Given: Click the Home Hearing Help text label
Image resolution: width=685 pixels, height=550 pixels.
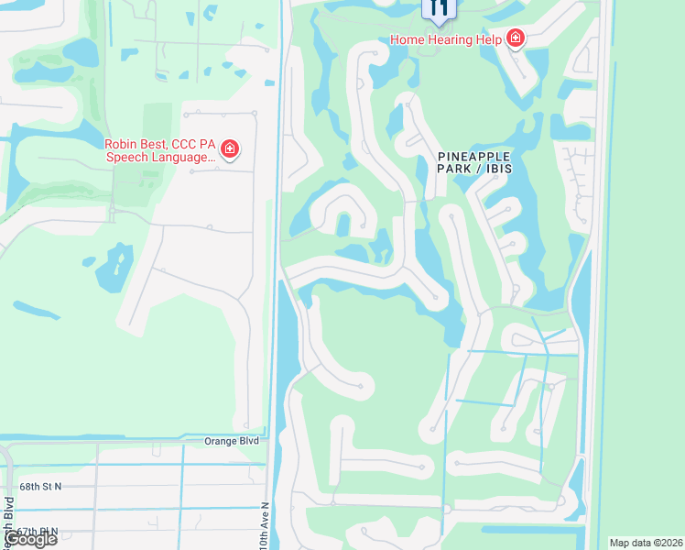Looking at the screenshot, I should [445, 39].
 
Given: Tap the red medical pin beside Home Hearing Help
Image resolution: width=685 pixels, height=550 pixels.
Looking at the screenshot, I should [516, 38].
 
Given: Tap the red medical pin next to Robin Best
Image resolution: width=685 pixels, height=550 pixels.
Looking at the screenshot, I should [230, 149].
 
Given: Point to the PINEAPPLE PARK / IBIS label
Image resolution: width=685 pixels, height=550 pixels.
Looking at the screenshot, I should [473, 163].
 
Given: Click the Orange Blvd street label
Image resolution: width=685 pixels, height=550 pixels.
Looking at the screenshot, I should [231, 441].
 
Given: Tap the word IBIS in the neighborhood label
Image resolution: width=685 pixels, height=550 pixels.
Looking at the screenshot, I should [498, 170].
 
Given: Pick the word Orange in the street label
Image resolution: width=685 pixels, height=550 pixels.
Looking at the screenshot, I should [220, 441].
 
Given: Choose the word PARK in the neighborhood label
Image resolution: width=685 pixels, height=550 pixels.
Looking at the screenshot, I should [459, 170].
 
